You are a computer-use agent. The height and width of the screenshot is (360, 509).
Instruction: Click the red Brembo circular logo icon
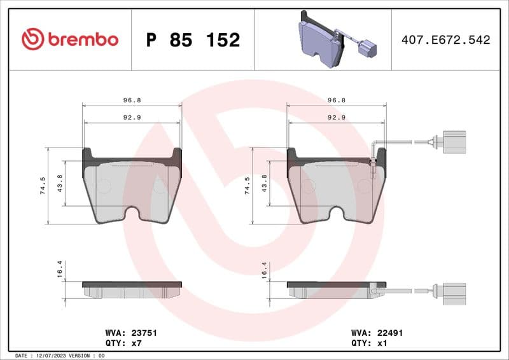32,39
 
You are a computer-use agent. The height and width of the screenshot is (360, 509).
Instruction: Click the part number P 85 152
193,40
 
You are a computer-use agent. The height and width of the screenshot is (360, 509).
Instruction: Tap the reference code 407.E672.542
445,40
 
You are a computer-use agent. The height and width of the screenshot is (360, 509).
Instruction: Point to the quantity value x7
136,342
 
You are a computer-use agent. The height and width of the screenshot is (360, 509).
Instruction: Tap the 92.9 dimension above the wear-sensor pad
336,118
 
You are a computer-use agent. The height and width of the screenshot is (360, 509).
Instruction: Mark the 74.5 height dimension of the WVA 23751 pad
42,185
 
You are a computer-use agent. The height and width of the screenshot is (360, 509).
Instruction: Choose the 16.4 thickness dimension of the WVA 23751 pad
59,270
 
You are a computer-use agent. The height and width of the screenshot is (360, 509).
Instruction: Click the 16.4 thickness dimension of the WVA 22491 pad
263,270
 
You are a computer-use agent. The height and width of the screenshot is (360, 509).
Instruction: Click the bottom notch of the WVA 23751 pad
132,214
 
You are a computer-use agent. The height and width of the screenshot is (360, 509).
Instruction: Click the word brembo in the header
83,39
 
